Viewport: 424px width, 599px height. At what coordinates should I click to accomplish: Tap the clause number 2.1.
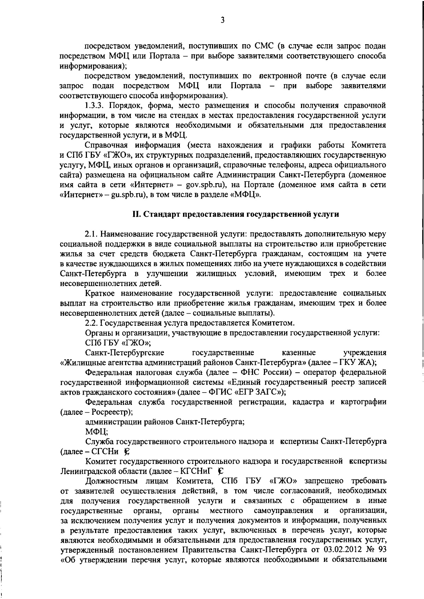(92, 234)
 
